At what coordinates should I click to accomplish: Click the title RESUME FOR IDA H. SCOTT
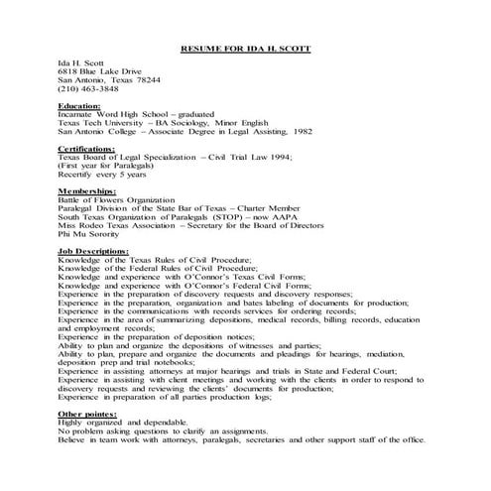point(245,47)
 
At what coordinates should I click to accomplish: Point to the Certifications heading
point(86,148)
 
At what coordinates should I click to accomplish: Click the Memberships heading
point(86,189)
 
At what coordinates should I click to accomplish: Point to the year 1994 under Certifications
point(305,157)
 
